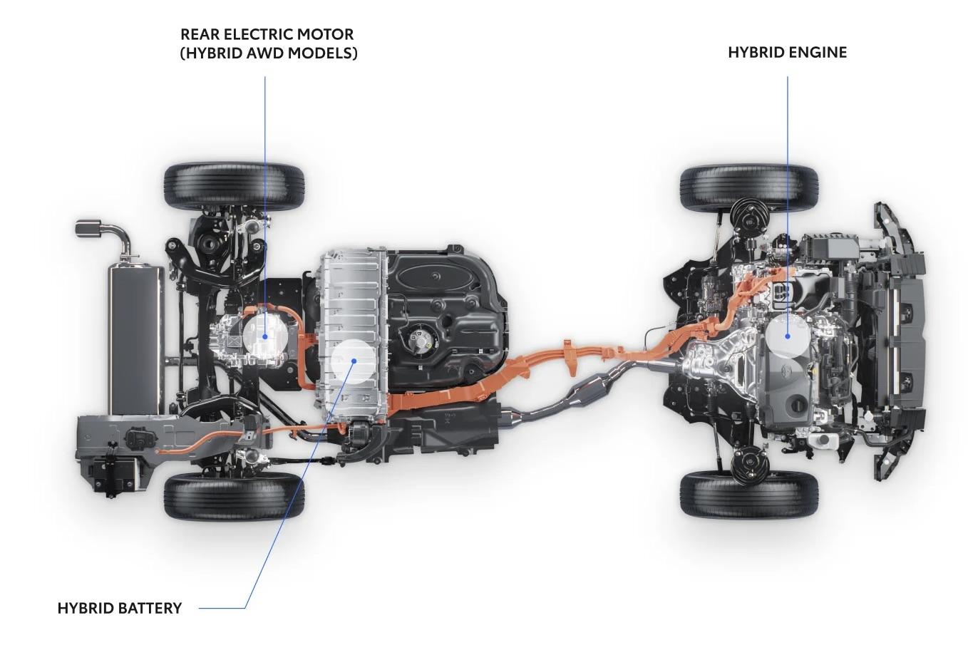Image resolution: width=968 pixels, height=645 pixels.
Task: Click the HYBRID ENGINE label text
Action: click(788, 52)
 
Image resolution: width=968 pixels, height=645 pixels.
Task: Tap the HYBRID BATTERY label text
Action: click(120, 608)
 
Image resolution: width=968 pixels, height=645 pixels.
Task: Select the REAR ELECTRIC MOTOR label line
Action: click(265, 207)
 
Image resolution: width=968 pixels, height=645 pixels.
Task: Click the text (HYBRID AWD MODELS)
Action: click(269, 53)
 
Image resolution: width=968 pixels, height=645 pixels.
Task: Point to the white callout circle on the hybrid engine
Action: click(788, 336)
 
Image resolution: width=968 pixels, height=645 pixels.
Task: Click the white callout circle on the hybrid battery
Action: click(354, 361)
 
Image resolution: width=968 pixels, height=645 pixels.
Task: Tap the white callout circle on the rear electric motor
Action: click(265, 336)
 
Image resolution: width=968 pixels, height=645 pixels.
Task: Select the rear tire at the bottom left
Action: click(235, 496)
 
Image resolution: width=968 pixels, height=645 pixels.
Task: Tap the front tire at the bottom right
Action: click(749, 494)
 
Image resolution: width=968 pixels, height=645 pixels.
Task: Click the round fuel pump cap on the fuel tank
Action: click(418, 337)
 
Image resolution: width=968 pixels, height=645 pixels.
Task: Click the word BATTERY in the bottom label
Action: click(150, 608)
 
